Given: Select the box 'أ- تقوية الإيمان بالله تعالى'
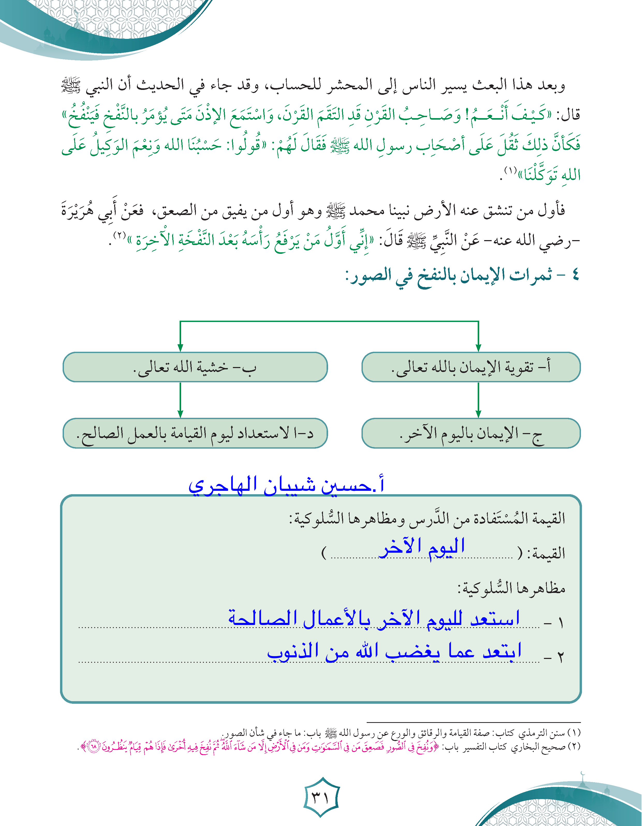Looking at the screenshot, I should click(x=471, y=367).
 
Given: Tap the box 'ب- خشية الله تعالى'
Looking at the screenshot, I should click(x=195, y=367).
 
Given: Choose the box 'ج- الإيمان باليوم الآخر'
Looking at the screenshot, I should click(x=471, y=433).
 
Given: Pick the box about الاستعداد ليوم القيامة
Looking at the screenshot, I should click(x=195, y=433).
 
